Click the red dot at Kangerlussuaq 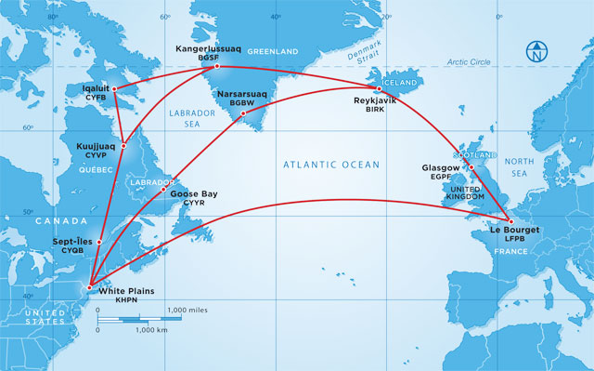pos(217,66)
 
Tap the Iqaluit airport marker pos(114,88)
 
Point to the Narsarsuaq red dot pos(243,114)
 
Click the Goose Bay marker pos(163,191)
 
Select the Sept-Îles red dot pos(98,242)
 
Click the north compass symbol pos(536,51)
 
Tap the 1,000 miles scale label pos(187,309)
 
